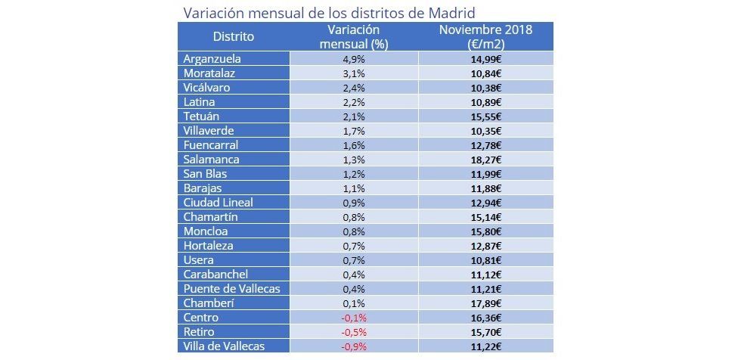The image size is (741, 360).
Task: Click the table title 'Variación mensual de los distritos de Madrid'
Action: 329,13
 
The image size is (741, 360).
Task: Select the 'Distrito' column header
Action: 233,36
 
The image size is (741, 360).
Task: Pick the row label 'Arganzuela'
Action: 212,58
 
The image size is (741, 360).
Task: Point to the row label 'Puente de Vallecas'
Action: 231,289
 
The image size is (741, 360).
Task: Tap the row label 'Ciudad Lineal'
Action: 219,202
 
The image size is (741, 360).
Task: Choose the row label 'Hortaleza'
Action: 209,246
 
